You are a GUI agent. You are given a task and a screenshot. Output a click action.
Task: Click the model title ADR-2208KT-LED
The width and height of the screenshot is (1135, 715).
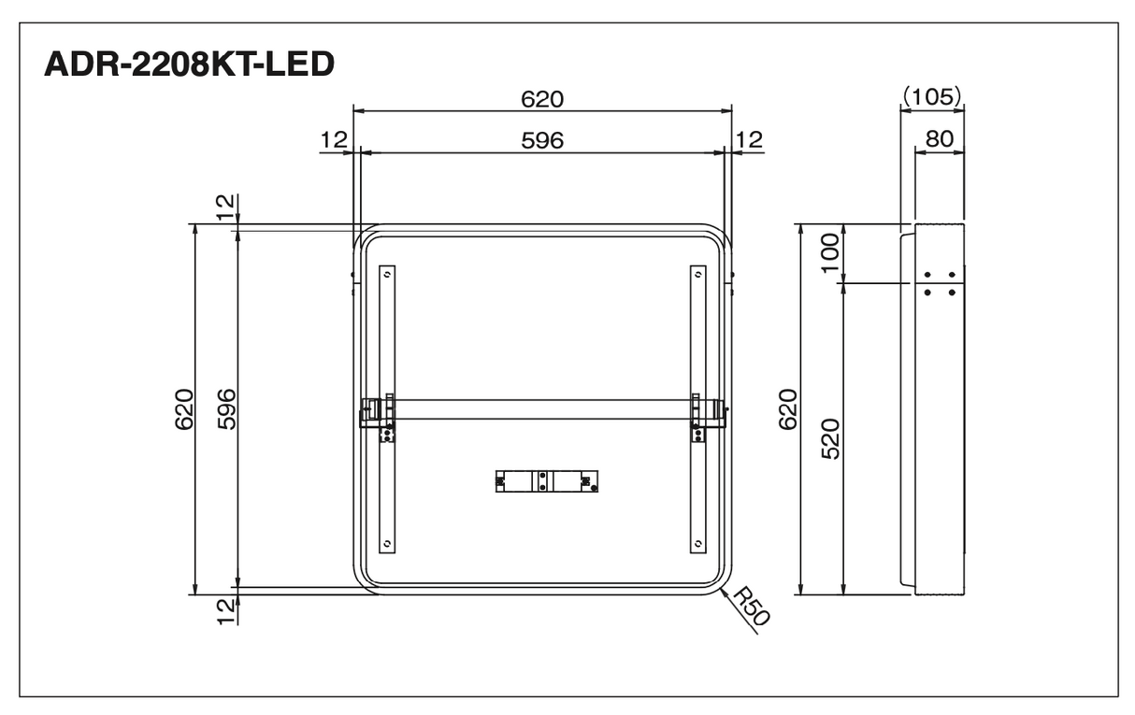(x=190, y=64)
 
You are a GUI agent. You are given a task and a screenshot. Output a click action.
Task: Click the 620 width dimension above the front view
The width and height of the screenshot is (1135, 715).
(x=542, y=99)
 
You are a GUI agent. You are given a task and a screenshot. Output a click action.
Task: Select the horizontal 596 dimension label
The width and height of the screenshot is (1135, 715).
(x=542, y=140)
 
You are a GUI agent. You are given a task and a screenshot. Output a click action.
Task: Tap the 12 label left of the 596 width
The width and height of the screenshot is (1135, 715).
(x=334, y=140)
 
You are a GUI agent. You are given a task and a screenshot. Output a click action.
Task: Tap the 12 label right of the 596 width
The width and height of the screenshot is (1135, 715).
(x=749, y=140)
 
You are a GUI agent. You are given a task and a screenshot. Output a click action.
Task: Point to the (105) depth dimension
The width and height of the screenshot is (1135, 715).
(x=932, y=96)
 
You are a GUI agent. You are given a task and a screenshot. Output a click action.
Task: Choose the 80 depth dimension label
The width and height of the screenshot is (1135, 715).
(x=940, y=138)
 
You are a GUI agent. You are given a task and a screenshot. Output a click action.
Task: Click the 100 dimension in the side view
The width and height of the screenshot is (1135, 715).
(x=830, y=252)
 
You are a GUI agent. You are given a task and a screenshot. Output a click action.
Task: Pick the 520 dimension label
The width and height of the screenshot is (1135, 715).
(x=830, y=438)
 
